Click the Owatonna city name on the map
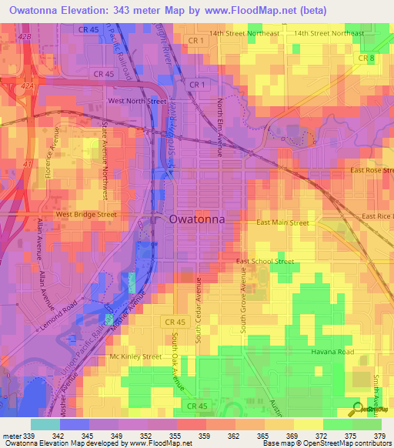196,219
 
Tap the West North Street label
137,101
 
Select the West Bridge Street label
85,215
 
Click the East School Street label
265,262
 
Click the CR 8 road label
366,58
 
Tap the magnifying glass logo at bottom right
358,408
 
